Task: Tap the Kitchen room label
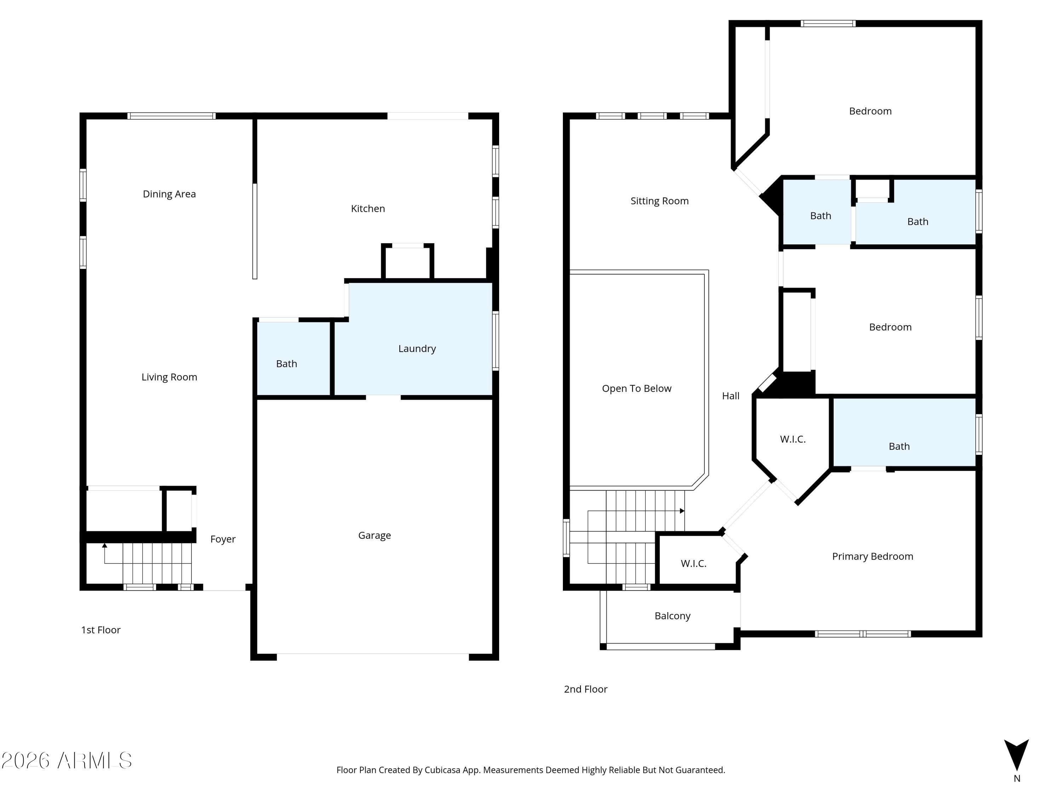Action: [x=368, y=209]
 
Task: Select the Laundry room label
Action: [x=417, y=349]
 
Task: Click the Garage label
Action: [x=375, y=535]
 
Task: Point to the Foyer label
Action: [x=223, y=539]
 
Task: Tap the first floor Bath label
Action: [x=287, y=364]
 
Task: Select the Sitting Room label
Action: [x=659, y=201]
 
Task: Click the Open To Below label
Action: [x=636, y=388]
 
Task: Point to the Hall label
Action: [x=730, y=396]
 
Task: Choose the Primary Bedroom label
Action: [x=872, y=556]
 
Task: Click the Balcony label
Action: [x=672, y=616]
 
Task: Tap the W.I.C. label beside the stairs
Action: [x=693, y=564]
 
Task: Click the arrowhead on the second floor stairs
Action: [x=682, y=511]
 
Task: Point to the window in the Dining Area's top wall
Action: [x=171, y=116]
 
